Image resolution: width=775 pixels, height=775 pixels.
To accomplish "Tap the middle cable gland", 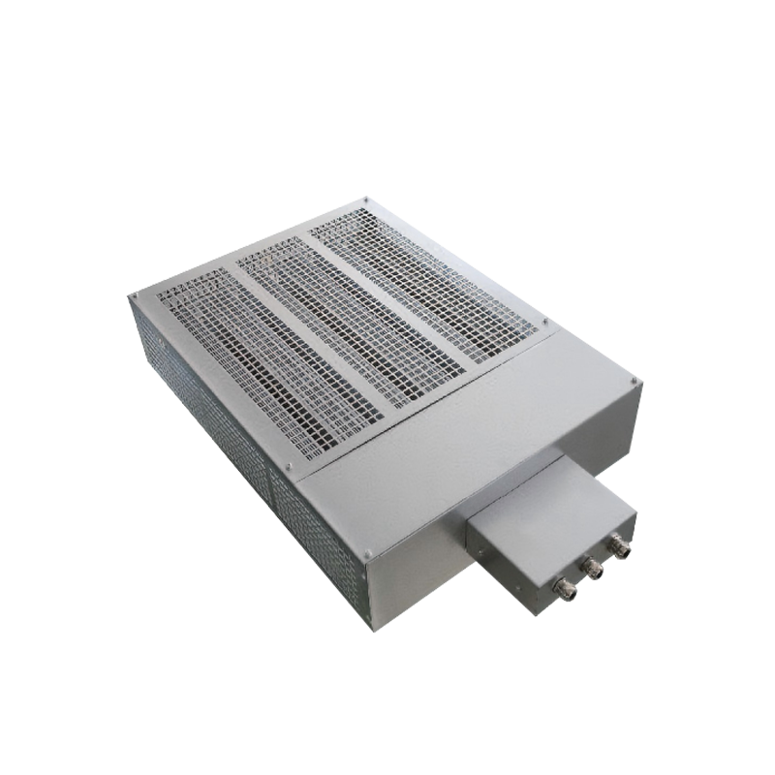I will click(x=592, y=569).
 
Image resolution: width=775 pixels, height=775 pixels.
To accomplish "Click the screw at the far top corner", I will click(x=366, y=201).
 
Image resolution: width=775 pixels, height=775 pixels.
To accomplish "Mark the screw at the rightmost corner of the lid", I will click(x=635, y=382).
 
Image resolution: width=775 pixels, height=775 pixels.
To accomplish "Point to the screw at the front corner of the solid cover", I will click(x=369, y=555).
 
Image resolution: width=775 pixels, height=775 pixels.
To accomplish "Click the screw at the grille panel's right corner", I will click(x=545, y=323).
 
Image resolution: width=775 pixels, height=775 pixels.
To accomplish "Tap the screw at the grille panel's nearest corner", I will click(x=289, y=466).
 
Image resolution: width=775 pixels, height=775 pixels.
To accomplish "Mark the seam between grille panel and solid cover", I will click(x=417, y=397).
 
